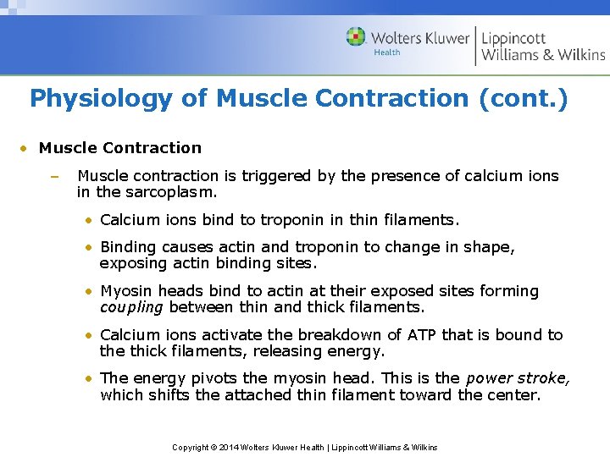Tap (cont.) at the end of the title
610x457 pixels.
coord(523,99)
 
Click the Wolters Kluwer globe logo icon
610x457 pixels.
coord(356,37)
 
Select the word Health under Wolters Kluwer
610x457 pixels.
coord(387,53)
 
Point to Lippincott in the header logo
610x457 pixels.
coord(513,38)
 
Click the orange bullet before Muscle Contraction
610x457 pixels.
coord(25,149)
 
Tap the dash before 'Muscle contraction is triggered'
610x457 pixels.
coord(53,177)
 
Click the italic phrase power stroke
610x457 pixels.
coord(518,379)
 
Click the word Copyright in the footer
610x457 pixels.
coord(191,447)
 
